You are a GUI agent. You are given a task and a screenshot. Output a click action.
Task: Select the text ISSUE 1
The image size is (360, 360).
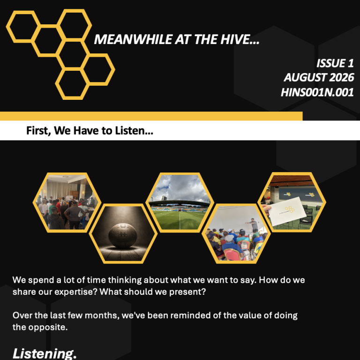click(x=335, y=63)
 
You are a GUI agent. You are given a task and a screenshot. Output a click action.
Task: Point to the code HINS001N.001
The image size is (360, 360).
click(x=317, y=92)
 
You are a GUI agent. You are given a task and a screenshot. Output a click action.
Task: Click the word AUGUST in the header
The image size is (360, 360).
click(x=306, y=77)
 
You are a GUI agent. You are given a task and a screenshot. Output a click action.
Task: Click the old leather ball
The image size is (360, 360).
click(x=123, y=236)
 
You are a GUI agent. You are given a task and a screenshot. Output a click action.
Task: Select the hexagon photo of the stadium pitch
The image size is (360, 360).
click(x=180, y=202)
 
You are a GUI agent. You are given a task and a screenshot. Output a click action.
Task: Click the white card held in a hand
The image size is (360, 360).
click(x=287, y=211)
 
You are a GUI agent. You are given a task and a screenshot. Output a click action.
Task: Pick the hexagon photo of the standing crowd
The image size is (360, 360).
click(x=67, y=202)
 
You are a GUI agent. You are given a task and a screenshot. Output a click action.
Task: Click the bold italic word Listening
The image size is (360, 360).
click(x=45, y=353)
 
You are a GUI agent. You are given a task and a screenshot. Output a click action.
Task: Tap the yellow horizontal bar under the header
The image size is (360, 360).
click(x=151, y=116)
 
